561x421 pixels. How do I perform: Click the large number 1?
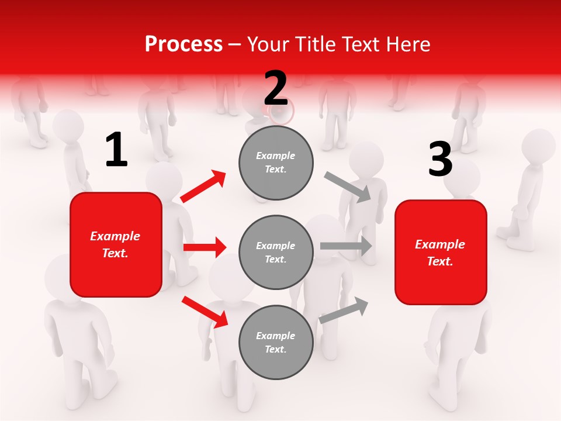(116, 150)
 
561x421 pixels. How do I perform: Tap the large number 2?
(276, 88)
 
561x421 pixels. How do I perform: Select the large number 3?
(440, 160)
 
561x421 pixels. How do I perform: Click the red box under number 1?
(116, 244)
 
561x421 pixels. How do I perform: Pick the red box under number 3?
(441, 253)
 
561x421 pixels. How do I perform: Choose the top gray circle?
(276, 163)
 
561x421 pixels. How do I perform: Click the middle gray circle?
(276, 252)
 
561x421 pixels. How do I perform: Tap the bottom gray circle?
(276, 342)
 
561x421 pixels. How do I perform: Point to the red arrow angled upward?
(203, 186)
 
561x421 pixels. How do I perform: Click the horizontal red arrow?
(205, 247)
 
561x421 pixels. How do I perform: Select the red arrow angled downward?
(205, 312)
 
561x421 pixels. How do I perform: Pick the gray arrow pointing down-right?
(347, 187)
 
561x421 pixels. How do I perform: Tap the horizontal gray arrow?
(346, 246)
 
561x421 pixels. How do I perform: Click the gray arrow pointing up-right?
(344, 310)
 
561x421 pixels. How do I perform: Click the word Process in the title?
(183, 44)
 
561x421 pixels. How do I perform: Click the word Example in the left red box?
(115, 236)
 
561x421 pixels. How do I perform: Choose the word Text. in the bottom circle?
(275, 349)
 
